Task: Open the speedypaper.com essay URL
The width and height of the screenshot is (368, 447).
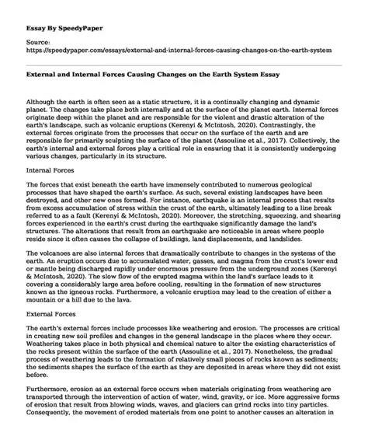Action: [173, 46]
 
